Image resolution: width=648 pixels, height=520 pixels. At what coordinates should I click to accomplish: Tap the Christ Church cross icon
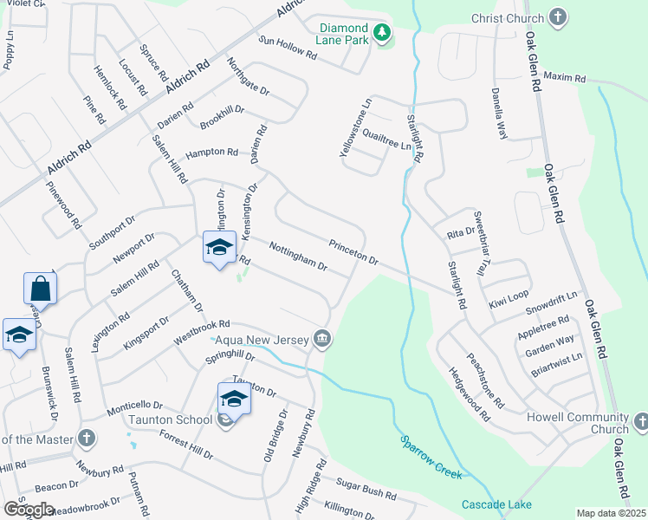click(x=558, y=17)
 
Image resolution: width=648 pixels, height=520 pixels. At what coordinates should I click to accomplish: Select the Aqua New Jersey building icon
click(x=322, y=338)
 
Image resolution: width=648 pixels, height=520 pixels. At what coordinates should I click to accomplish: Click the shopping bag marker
click(x=40, y=287)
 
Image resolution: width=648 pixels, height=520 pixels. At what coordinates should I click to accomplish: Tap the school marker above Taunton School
click(x=235, y=399)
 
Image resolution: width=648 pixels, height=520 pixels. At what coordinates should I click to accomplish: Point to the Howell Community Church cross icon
click(x=640, y=422)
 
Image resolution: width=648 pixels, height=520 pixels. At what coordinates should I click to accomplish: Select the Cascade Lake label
click(x=496, y=504)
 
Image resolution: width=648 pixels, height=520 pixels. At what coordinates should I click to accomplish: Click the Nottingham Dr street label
click(x=297, y=256)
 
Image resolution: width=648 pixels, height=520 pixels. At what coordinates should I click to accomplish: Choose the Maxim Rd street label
click(x=565, y=78)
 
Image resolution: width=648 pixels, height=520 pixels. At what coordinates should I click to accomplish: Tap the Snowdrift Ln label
click(x=551, y=302)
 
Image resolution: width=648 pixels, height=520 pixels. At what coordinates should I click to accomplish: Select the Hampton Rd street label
click(x=211, y=152)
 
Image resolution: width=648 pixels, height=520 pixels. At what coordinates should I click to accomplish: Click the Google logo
click(x=29, y=510)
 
